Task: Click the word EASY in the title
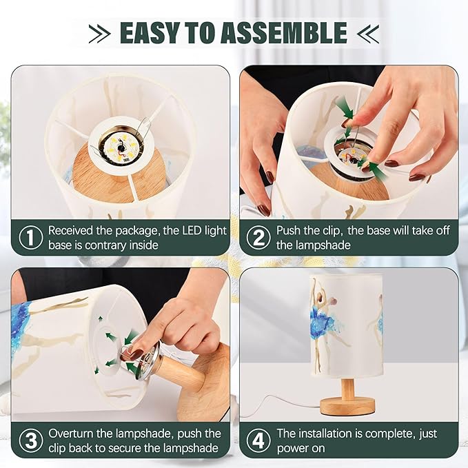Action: (x=150, y=32)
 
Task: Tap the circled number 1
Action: (x=31, y=238)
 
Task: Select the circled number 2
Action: (x=258, y=238)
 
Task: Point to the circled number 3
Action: (x=31, y=440)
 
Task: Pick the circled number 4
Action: (x=258, y=440)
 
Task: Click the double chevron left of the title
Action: (x=100, y=33)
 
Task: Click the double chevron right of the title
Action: (x=368, y=33)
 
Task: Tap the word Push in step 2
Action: (x=289, y=230)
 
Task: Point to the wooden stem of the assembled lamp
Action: (x=347, y=387)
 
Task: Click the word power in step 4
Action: (x=293, y=448)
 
